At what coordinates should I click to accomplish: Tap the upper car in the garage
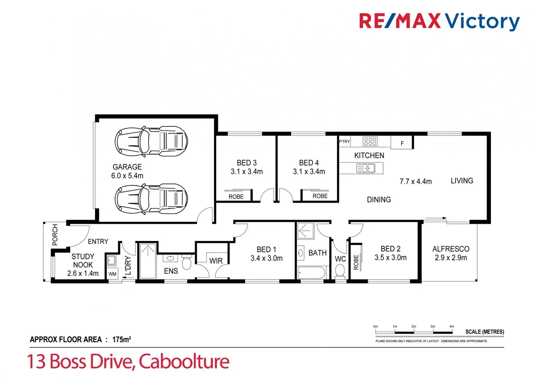pos(151,141)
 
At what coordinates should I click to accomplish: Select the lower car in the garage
pos(151,199)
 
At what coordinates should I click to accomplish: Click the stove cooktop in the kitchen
pos(370,141)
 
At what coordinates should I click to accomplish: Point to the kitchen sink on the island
pos(366,168)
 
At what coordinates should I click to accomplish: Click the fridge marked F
pos(402,143)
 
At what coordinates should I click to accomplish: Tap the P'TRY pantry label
pos(344,141)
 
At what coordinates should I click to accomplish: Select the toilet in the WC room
pos(340,271)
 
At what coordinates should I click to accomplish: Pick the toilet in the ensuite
pos(187,262)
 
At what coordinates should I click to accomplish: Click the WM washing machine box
pos(112,274)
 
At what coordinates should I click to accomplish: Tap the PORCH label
pos(55,235)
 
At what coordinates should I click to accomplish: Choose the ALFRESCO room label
pos(450,249)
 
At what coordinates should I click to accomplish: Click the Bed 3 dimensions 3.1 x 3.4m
pos(246,172)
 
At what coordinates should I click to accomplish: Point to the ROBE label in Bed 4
pos(320,196)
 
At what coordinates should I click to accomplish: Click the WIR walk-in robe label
pos(216,261)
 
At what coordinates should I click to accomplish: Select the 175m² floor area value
pos(121,339)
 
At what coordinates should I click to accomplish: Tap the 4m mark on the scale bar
pos(452,327)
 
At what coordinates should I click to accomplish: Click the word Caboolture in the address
pos(184,361)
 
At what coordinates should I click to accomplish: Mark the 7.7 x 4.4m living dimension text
pos(416,182)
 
